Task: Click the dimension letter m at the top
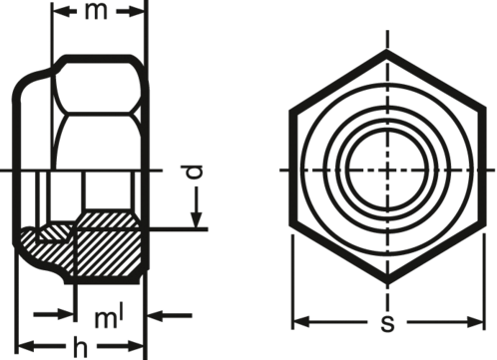pos(96,12)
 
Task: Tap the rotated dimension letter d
pos(194,172)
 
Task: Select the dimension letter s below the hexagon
pos(387,323)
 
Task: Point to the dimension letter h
pos(80,347)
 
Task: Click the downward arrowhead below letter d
pos(197,220)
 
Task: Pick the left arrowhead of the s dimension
pos(301,322)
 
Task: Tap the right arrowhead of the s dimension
pos(475,322)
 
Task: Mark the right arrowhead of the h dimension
pos(136,346)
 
